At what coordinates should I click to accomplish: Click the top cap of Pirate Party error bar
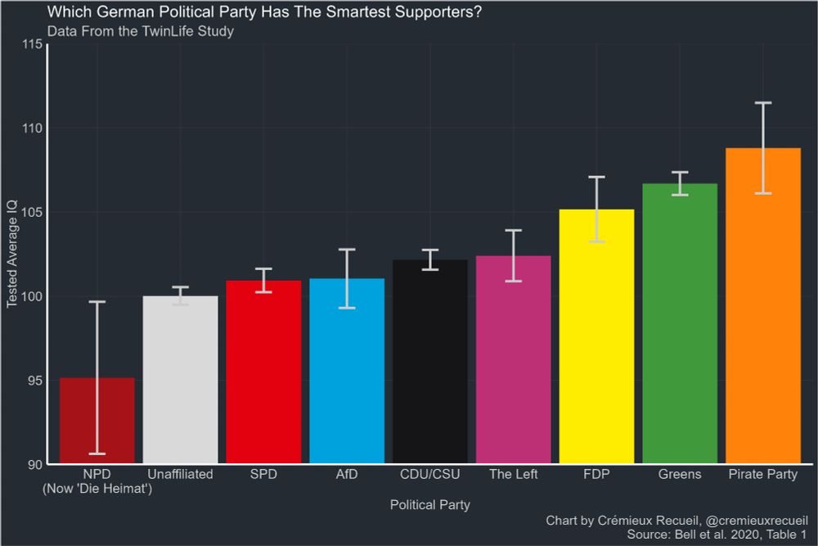(762, 103)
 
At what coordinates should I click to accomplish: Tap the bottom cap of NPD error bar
(97, 453)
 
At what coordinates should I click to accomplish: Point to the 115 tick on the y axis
(33, 44)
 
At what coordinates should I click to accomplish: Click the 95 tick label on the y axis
(33, 381)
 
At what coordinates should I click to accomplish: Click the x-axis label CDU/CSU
(430, 475)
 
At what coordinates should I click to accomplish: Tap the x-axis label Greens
(679, 475)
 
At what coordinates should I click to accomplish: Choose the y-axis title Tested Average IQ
(12, 254)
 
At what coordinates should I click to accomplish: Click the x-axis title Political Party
(430, 504)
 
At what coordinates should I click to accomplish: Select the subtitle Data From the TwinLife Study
(141, 32)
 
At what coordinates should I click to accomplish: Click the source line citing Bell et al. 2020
(717, 535)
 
